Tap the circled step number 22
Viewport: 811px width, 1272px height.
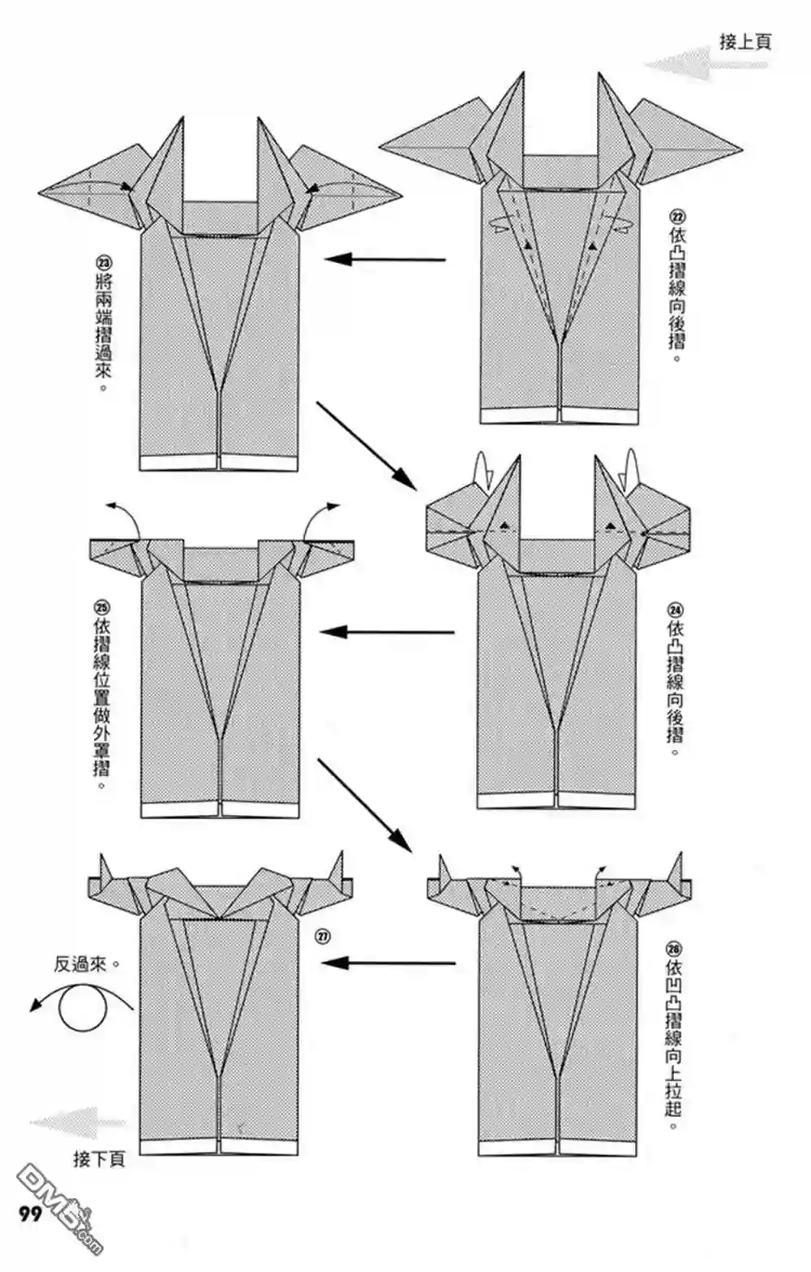coord(676,217)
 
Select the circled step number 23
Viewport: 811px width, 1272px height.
coord(103,263)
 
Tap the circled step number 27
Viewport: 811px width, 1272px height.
coord(323,936)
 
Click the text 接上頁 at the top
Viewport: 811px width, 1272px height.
coord(744,41)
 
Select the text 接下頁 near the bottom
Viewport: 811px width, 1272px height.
coord(99,1158)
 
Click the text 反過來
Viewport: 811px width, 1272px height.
coord(81,964)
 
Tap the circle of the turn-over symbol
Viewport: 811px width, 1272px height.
coord(84,1007)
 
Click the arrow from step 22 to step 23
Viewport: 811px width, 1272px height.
coord(385,260)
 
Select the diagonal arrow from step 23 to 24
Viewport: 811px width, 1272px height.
coord(366,445)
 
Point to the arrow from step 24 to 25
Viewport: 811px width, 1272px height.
coord(387,632)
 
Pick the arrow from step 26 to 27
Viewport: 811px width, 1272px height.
coord(388,964)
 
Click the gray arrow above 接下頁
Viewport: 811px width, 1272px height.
coord(77,1123)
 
